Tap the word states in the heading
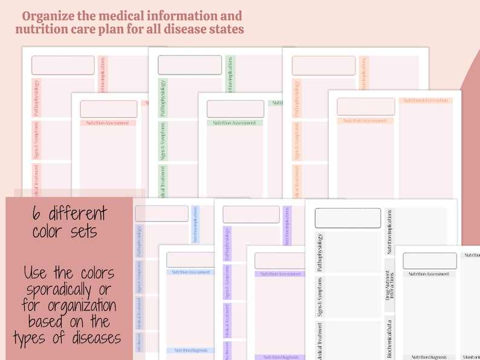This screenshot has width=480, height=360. tap(224, 29)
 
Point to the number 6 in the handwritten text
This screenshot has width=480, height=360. tap(38, 214)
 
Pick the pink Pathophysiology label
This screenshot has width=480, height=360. tap(36, 97)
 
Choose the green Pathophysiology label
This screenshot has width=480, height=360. tap(163, 97)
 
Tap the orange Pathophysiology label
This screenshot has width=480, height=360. tap(297, 98)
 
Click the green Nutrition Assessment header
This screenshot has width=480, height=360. tap(235, 123)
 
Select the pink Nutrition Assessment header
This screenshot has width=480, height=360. tap(108, 123)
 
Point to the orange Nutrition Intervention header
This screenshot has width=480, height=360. tap(424, 100)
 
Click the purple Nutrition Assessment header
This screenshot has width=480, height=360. tap(281, 274)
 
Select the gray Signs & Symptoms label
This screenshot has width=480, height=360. tap(319, 297)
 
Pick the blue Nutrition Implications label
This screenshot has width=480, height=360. tap(195, 224)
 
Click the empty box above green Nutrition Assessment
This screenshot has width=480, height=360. tap(235, 109)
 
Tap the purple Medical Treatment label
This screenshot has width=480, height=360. tap(227, 321)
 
